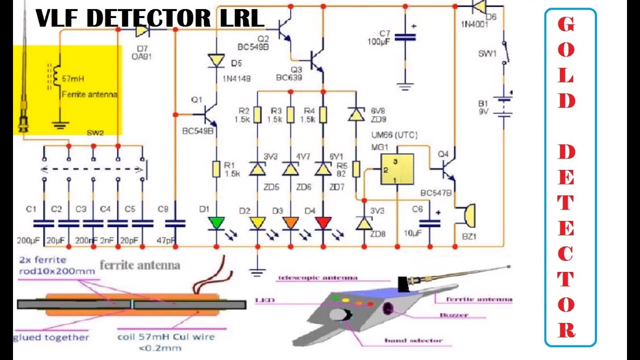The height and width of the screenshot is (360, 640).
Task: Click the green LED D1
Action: point(216,222)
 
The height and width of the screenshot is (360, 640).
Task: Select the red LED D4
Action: point(323,222)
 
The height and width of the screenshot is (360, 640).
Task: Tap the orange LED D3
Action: point(290,222)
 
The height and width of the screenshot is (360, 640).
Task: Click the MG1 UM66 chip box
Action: point(396,169)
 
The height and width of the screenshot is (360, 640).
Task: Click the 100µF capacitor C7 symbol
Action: point(404,37)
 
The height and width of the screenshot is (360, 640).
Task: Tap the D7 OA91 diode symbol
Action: point(141,30)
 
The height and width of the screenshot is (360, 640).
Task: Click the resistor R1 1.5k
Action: point(216,168)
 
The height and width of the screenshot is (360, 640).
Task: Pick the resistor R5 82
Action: point(356,169)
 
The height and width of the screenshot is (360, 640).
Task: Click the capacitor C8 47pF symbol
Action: point(175,223)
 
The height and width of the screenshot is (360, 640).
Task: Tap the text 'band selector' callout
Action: point(413,340)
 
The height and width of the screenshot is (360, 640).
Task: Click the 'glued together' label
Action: point(51,337)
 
